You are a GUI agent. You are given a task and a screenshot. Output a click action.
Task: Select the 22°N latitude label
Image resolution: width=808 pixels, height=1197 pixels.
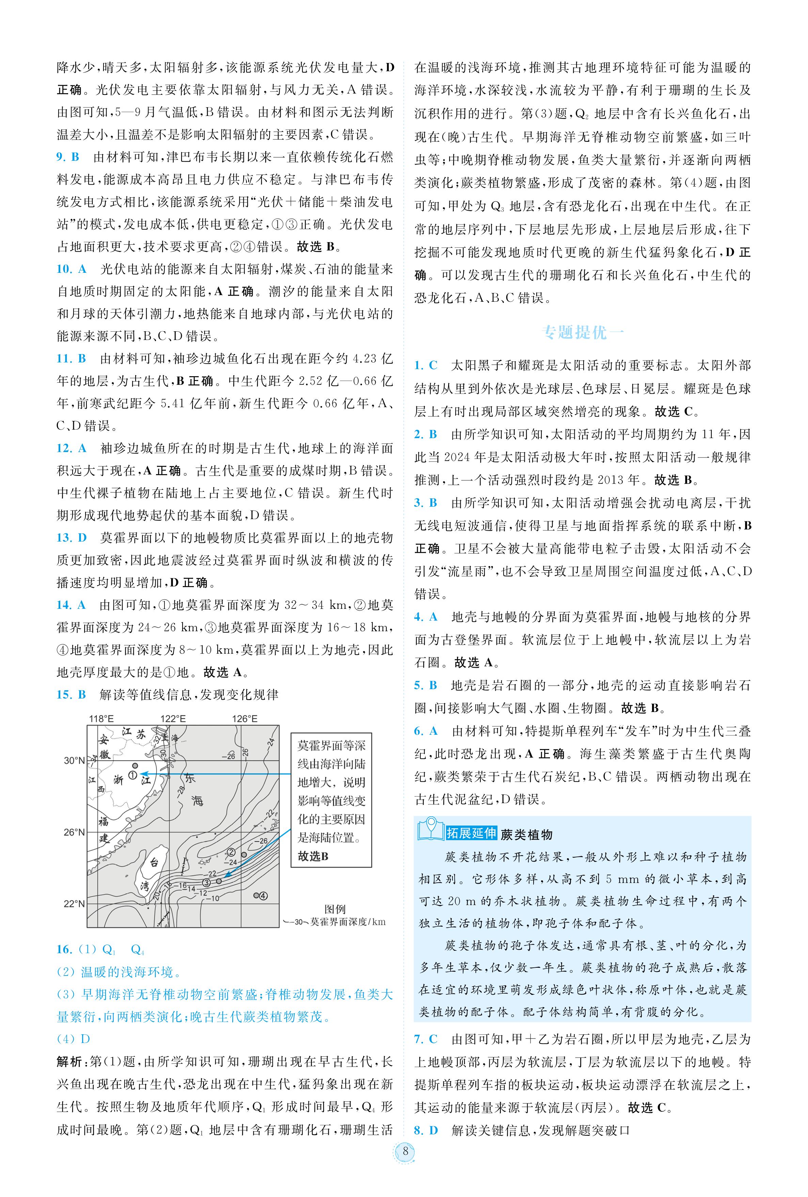click(74, 903)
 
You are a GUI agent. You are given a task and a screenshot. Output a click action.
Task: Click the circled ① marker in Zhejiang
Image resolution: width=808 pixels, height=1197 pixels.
click(133, 774)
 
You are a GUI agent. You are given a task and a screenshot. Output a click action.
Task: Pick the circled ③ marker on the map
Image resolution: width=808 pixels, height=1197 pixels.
click(206, 882)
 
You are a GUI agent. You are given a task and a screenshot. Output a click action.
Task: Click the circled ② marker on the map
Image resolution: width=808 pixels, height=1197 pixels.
click(232, 852)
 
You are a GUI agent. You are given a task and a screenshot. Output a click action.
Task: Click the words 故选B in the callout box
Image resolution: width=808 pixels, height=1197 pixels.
click(313, 856)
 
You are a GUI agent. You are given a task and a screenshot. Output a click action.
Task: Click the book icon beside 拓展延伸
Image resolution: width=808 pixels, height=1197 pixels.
click(430, 830)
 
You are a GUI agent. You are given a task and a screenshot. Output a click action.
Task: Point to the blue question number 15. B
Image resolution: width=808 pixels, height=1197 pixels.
click(71, 695)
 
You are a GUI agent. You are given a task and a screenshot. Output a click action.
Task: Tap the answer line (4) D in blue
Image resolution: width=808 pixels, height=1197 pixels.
click(73, 1039)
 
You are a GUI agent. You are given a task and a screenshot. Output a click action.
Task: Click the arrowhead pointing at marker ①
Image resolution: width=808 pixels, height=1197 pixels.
click(143, 773)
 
